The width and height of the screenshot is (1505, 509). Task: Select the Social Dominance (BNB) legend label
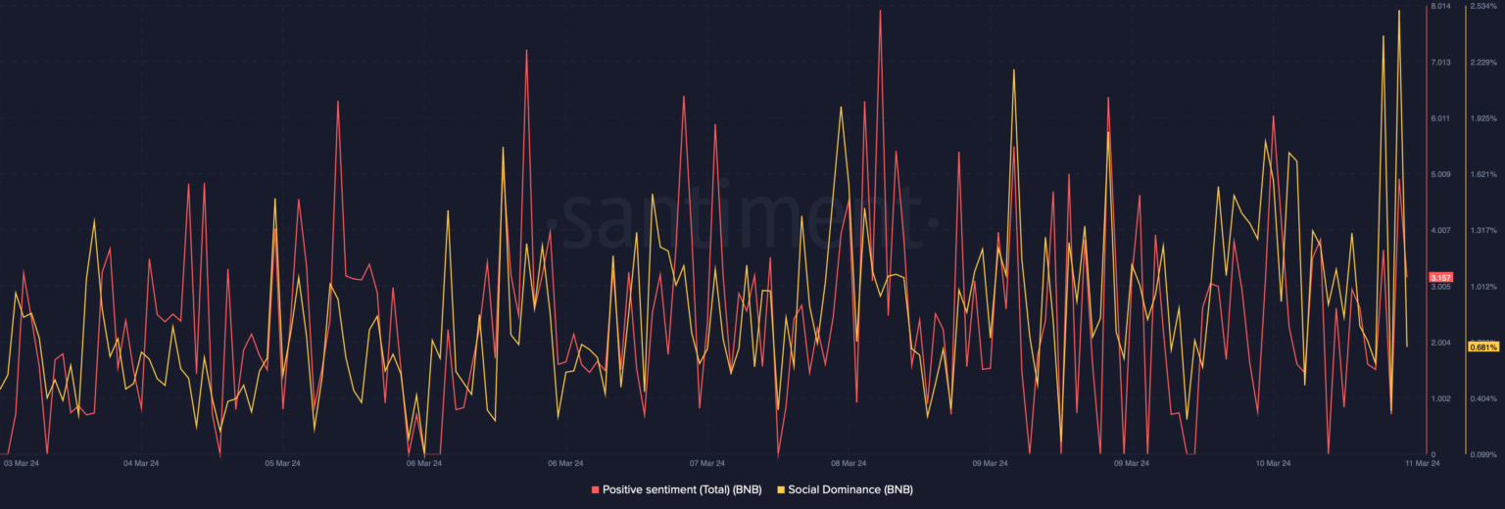850,488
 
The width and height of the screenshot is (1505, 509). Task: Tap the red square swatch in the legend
595,488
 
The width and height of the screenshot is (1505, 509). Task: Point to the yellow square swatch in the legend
780,488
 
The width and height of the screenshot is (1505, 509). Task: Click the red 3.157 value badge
1440,277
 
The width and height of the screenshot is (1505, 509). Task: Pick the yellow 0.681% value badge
1482,347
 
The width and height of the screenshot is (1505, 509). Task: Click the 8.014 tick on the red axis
1440,7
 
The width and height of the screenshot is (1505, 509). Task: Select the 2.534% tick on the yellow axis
1483,7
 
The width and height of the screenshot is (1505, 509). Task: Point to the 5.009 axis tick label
1440,175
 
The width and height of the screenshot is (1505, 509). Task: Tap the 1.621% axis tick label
1483,175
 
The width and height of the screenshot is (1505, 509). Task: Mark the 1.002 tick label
1440,399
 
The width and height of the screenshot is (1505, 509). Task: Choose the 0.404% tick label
1483,399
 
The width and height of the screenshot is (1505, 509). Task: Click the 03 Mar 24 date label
21,463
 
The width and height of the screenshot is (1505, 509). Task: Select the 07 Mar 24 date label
707,463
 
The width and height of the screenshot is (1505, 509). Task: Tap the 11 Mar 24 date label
1421,463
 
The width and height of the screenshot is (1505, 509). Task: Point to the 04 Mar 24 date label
141,463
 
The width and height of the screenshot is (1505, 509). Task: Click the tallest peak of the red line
880,11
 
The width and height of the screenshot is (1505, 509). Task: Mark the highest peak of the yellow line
1398,11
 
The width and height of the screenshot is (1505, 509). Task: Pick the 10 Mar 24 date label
1273,463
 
